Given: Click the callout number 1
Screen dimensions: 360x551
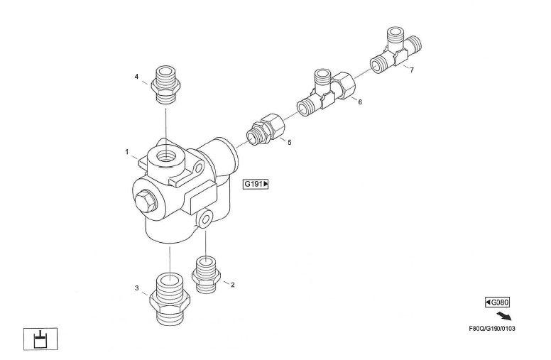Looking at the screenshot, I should coord(127,151).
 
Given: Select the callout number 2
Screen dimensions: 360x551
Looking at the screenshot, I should coord(233,285).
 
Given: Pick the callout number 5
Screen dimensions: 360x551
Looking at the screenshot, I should coord(289,143).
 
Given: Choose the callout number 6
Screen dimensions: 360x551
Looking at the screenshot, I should coord(360,102).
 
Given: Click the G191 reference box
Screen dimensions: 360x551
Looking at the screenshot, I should coord(256,184).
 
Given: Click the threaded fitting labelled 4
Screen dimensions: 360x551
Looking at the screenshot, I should coord(165,84).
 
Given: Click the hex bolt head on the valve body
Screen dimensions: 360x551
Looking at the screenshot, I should coord(146,202).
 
